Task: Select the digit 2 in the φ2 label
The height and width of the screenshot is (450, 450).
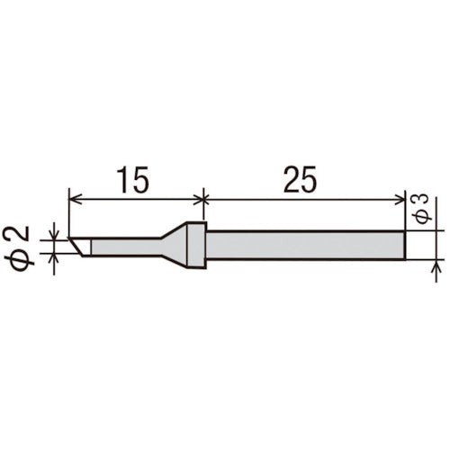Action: pos(25,236)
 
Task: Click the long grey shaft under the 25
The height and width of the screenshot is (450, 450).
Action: pos(306,244)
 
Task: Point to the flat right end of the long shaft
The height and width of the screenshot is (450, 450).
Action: pos(403,244)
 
